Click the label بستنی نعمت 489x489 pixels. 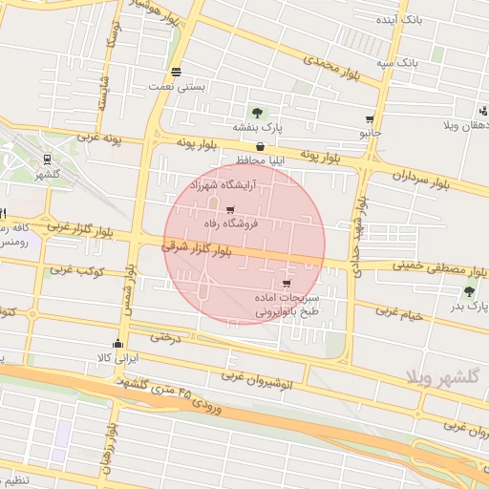(x=178, y=86)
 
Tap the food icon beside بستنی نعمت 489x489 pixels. (x=177, y=72)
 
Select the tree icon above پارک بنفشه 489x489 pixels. (x=257, y=112)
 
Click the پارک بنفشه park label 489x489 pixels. (x=257, y=126)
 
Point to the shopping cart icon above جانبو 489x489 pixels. (x=370, y=119)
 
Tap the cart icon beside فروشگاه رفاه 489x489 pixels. (x=229, y=210)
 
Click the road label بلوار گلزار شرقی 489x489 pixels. (x=197, y=248)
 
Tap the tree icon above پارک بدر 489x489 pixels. (x=469, y=291)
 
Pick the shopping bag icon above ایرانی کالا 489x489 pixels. (x=118, y=344)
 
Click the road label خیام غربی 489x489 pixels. (x=399, y=311)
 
